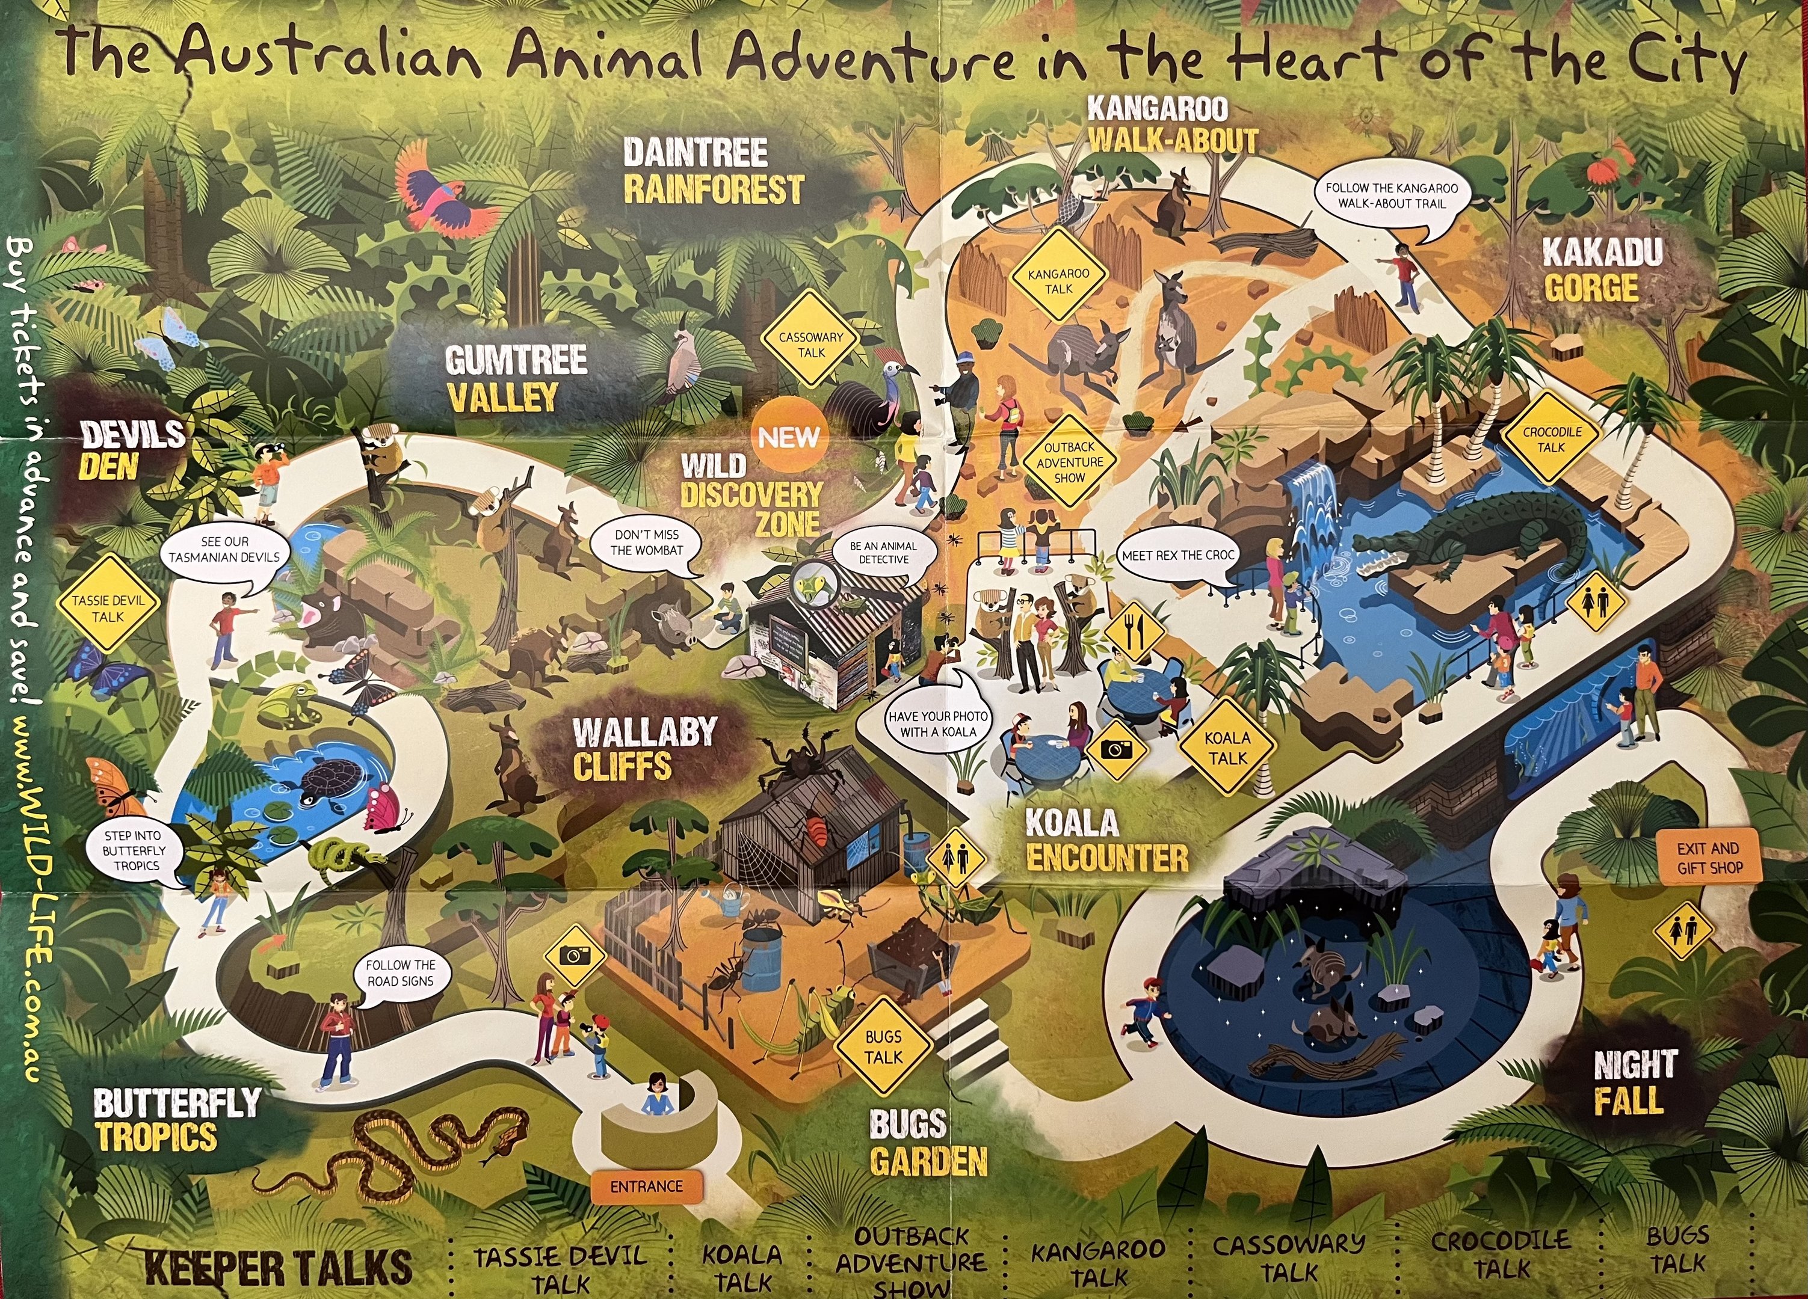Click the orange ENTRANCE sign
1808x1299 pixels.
(x=647, y=1187)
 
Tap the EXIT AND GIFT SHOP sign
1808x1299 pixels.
(x=1708, y=858)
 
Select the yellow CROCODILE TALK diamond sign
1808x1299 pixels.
(x=1551, y=439)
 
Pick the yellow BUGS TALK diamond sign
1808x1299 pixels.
(x=883, y=1047)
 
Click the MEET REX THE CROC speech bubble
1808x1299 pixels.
(x=1177, y=556)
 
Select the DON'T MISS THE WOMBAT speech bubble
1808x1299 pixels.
(x=647, y=544)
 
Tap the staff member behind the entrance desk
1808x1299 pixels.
(x=658, y=1096)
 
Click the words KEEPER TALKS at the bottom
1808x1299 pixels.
(x=279, y=1267)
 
